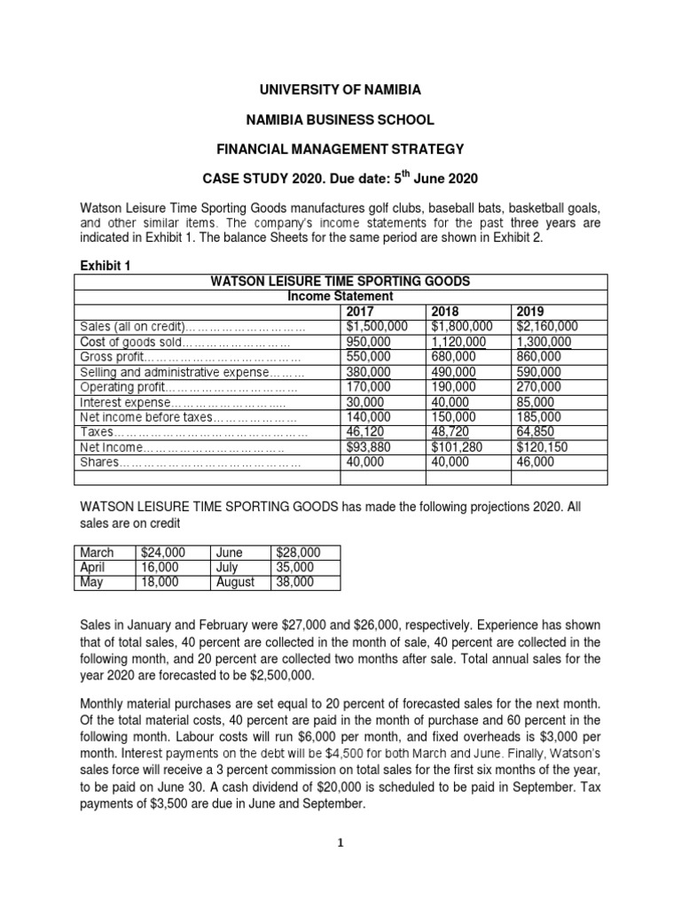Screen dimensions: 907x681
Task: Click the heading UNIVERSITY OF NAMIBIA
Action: click(x=340, y=90)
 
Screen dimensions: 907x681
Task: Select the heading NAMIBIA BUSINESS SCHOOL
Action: click(x=340, y=119)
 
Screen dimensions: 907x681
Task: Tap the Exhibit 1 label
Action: click(x=105, y=264)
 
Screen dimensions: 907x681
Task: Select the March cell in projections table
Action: click(x=98, y=553)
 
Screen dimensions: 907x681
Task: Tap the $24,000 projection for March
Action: click(x=158, y=553)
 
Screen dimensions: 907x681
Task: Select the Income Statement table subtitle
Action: click(x=340, y=296)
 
